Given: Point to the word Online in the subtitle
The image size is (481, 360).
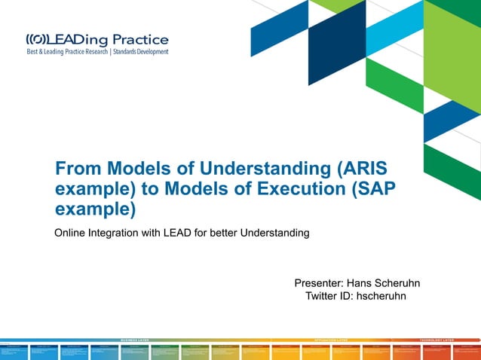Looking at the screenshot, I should click(x=71, y=233).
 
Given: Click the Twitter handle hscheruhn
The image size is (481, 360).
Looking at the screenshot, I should click(x=381, y=296).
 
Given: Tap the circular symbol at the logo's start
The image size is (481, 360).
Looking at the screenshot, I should click(x=37, y=39).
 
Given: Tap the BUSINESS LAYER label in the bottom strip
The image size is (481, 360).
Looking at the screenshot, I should click(x=139, y=340).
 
